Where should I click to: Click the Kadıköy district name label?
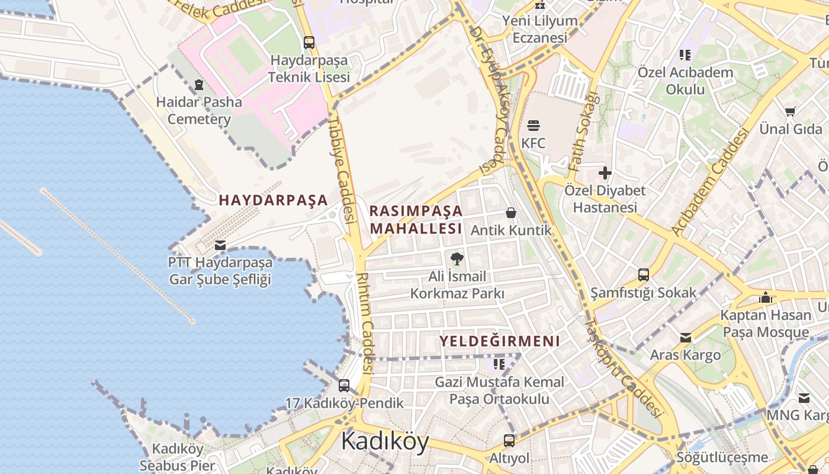(385, 441)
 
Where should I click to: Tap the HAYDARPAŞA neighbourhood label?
(273, 200)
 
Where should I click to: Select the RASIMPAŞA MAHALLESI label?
(416, 220)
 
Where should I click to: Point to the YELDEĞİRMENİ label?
(499, 341)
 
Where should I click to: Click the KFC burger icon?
(534, 126)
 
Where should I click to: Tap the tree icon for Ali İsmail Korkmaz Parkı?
(457, 258)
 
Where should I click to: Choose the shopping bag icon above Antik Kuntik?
(511, 213)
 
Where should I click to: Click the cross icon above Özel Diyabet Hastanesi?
(605, 173)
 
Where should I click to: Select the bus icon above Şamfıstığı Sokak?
(644, 275)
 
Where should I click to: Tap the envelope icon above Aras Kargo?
(686, 338)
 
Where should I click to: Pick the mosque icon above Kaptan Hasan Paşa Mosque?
(766, 297)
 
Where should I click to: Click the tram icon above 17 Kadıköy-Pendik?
(344, 386)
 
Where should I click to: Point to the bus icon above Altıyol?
(509, 441)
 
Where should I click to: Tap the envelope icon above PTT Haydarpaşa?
(220, 245)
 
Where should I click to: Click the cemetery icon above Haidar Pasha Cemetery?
(198, 85)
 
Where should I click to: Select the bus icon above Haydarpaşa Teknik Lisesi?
(309, 43)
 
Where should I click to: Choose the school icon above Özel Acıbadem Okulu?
(685, 55)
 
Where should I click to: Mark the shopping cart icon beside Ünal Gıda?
(790, 111)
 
